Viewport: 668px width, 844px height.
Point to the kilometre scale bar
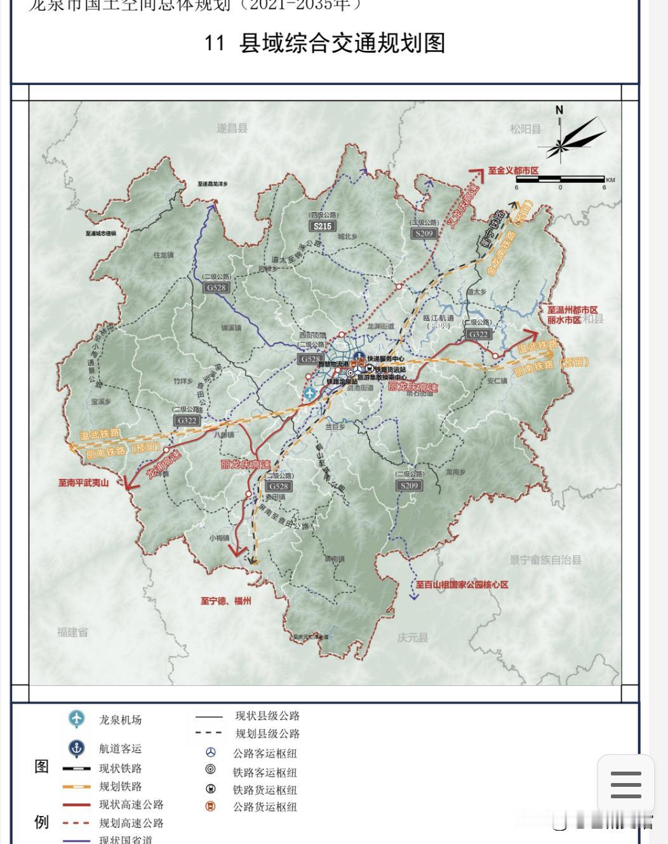pos(560,180)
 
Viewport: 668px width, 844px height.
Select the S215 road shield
pos(323,226)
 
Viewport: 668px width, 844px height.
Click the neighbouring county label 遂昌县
pos(232,128)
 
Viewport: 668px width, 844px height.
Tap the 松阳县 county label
pos(525,129)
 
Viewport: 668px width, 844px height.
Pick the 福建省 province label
pos(72,632)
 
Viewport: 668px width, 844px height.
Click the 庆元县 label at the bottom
pos(413,637)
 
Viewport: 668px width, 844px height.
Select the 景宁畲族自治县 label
pos(545,560)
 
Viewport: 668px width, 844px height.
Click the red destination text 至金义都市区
pos(513,171)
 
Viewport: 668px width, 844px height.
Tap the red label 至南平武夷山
pos(84,483)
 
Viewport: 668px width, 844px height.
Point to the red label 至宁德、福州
pos(226,601)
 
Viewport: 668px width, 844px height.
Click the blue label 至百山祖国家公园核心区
pos(462,584)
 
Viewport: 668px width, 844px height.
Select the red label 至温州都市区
pos(572,310)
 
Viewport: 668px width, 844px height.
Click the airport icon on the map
pos(310,393)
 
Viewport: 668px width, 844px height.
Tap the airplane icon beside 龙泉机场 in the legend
pos(76,719)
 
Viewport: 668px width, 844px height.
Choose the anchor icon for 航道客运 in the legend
pos(76,748)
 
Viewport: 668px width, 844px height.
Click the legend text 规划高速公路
pos(131,822)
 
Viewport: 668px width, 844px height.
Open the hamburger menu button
pos(625,785)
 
